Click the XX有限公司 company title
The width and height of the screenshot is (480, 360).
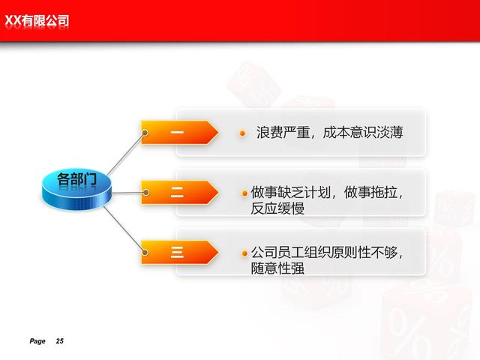37,21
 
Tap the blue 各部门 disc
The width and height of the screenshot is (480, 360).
76,189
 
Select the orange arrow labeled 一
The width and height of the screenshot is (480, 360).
180,132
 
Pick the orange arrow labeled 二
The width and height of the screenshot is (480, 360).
180,192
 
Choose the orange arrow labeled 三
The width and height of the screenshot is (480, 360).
180,252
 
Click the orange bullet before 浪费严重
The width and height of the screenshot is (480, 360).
242,133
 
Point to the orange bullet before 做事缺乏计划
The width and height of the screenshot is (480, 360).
244,193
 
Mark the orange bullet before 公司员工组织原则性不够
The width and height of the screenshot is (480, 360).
244,253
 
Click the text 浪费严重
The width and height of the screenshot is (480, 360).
283,133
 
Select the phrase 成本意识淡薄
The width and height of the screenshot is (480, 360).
363,133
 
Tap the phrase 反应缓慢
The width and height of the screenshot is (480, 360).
277,208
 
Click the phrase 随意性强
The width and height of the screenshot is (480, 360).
277,268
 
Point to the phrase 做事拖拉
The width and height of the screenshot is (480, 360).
370,193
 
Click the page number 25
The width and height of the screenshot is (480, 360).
60,341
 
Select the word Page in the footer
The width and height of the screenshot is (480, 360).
37,341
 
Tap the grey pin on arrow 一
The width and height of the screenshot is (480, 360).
145,133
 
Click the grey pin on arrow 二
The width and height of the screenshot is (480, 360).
146,192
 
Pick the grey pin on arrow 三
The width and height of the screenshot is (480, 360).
145,252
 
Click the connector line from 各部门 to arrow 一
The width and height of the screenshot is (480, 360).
126,154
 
